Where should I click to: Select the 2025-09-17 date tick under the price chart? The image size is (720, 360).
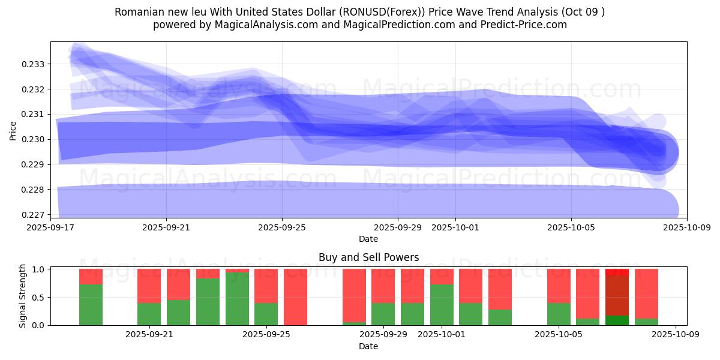(50, 228)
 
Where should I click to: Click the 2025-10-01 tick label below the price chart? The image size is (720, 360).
(455, 228)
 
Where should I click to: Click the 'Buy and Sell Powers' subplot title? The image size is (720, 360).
(368, 258)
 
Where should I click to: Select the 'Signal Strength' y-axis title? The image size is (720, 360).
(23, 296)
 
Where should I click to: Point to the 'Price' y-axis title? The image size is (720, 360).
(13, 130)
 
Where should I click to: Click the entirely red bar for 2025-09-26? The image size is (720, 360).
(295, 297)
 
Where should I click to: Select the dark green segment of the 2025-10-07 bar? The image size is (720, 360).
(617, 320)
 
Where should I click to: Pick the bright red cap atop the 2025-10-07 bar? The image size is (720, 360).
(617, 272)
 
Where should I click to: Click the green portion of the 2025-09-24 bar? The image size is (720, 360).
(237, 299)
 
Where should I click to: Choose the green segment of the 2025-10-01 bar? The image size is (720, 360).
(442, 305)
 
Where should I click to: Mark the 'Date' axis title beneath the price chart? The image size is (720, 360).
(368, 239)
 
